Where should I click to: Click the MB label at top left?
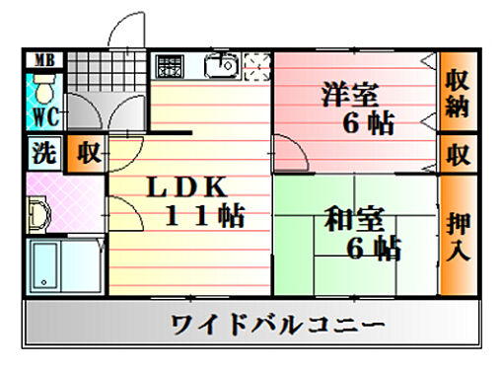[x=42, y=59]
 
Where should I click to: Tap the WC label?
[x=42, y=116]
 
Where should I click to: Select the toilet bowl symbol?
[x=42, y=90]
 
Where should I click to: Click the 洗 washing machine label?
[x=43, y=155]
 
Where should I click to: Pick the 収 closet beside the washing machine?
[x=87, y=155]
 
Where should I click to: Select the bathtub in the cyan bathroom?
[x=61, y=268]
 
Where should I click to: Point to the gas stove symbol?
[x=170, y=65]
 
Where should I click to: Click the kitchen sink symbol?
[x=221, y=65]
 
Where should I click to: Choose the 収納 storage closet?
[x=457, y=93]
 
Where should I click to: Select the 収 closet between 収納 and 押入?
[x=457, y=155]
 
